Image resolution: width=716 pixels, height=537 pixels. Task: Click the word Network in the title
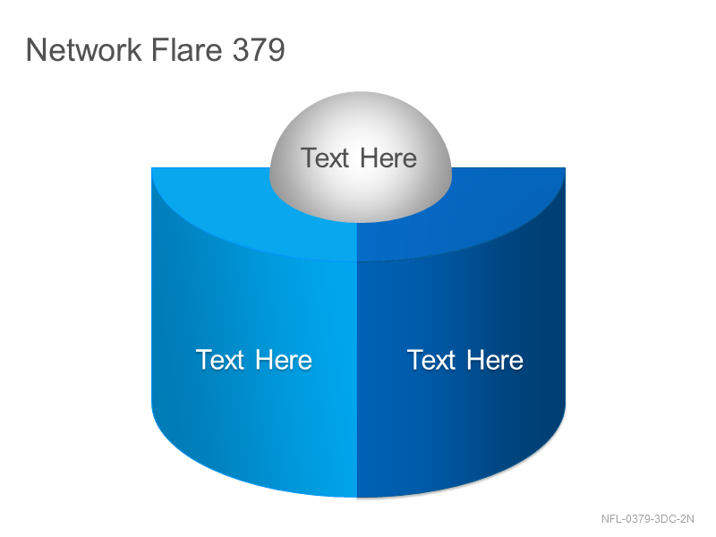[83, 49]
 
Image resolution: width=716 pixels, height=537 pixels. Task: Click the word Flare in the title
[186, 49]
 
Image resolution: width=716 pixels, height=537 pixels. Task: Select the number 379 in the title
[259, 49]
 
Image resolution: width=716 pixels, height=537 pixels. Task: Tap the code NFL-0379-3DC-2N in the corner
[647, 519]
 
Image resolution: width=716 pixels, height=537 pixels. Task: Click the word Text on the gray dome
[325, 158]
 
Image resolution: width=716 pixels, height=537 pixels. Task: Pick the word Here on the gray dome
[388, 158]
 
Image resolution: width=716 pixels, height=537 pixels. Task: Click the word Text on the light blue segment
[220, 360]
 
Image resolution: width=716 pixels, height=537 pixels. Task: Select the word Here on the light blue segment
[284, 360]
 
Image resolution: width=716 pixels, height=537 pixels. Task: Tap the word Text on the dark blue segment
[431, 360]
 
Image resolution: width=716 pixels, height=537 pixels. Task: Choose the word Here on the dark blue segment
[495, 360]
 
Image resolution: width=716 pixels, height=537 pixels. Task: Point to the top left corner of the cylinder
[152, 168]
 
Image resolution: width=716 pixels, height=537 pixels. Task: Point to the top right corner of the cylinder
[566, 168]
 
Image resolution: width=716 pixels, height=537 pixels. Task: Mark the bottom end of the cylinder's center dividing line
[356, 498]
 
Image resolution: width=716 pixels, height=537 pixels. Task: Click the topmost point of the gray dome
[361, 92]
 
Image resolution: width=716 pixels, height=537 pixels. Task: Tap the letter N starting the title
[36, 49]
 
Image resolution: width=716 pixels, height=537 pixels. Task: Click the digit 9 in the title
[276, 49]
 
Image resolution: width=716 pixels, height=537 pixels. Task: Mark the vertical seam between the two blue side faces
[356, 379]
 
